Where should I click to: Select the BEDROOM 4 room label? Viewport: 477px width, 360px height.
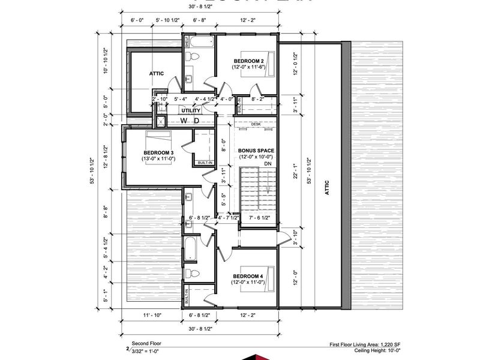248,278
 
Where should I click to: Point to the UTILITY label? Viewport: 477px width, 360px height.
191,111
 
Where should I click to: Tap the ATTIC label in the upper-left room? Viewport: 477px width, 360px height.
157,74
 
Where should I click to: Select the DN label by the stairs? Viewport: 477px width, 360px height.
268,163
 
